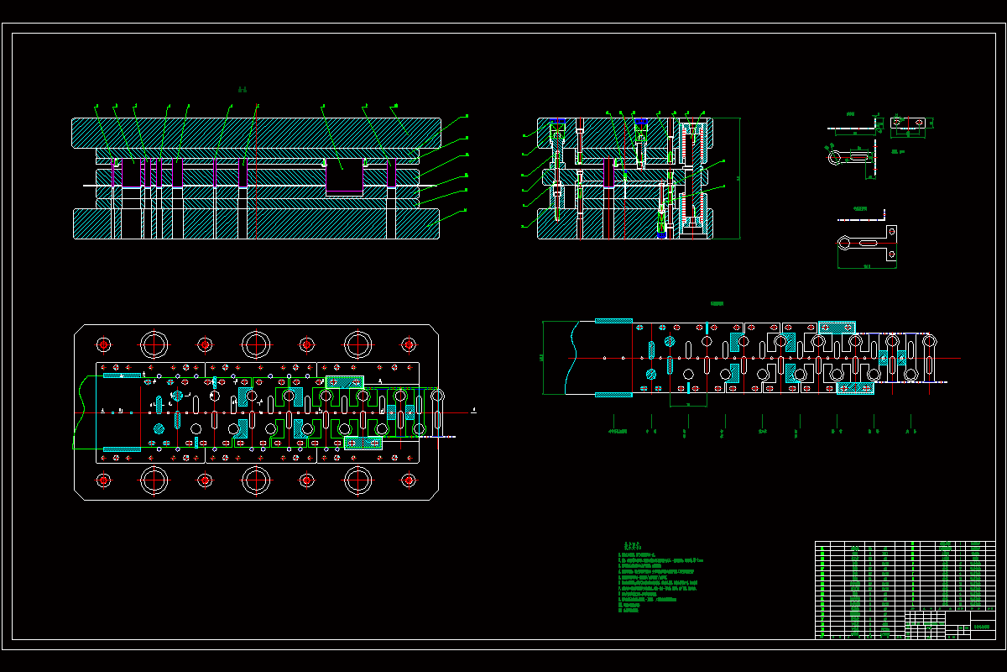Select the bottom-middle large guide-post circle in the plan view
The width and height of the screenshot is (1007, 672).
click(255, 481)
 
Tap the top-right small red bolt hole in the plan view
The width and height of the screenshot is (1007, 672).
click(409, 344)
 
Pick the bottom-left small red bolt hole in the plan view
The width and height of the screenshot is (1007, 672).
click(103, 480)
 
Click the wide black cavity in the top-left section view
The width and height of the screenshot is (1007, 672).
click(343, 177)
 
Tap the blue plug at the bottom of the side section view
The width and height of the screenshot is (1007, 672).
click(661, 235)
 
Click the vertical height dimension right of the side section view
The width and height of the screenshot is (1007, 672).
click(738, 178)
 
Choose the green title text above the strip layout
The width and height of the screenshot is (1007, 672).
click(717, 304)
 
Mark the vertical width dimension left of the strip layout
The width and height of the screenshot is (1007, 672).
click(542, 357)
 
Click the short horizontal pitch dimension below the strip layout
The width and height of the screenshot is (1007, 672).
click(688, 405)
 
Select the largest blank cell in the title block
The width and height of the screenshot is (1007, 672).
click(957, 617)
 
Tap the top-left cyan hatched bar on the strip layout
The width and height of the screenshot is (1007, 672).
click(613, 321)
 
